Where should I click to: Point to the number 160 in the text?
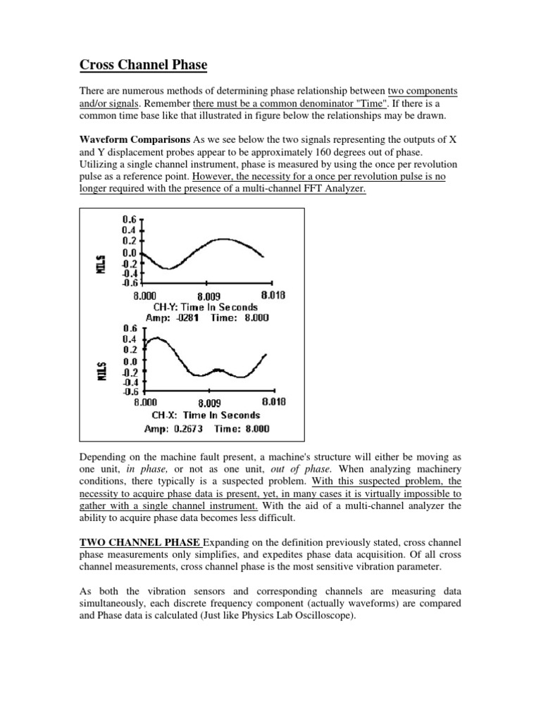(318, 153)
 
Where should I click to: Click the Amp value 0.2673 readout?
(186, 428)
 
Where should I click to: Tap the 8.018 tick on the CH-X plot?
(273, 403)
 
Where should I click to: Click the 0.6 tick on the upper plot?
(130, 220)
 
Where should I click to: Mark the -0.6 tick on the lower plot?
(130, 391)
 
